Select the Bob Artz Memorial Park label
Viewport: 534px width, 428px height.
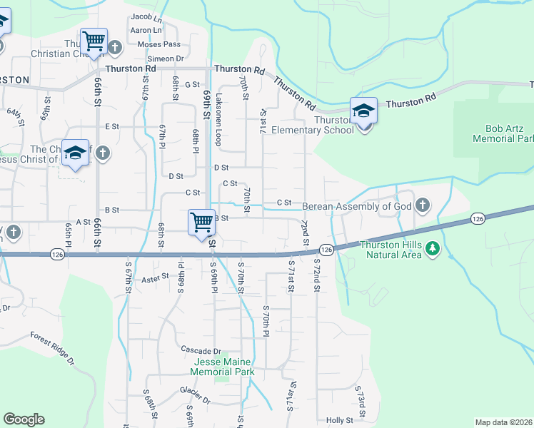click(503, 133)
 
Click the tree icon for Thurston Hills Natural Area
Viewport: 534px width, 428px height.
click(432, 248)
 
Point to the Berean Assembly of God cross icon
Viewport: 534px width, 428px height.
click(423, 206)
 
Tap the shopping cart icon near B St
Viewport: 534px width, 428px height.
click(202, 222)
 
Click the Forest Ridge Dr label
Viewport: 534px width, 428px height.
click(52, 347)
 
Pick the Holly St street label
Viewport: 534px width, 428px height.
click(340, 421)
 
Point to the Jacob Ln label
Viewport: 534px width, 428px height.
click(146, 17)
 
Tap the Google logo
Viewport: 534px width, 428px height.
click(24, 419)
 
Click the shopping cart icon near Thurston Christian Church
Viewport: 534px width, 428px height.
click(94, 41)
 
